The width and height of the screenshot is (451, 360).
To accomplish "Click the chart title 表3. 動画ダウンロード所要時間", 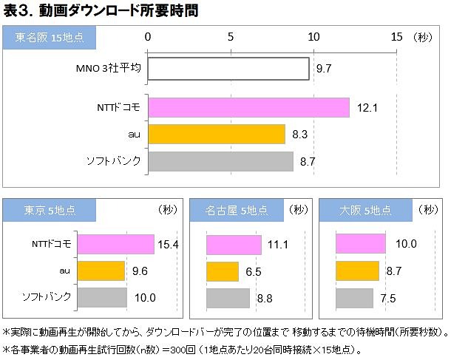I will [x=101, y=11].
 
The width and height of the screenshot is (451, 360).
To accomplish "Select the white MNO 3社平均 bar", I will [x=228, y=69].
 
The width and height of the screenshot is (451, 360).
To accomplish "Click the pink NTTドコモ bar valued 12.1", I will [x=248, y=107].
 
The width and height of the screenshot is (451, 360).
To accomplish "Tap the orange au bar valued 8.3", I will [x=217, y=134].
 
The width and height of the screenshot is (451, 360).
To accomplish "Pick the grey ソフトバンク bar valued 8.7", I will [x=220, y=160].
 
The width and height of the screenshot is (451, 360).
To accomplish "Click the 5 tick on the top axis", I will [x=231, y=37].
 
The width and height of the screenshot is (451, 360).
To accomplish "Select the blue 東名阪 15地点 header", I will [x=50, y=37].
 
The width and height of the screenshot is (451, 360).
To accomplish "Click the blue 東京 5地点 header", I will [x=41, y=211].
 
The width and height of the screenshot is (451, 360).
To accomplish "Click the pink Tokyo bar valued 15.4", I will [x=115, y=244].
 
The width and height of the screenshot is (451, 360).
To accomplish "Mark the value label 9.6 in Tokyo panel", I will [x=140, y=271].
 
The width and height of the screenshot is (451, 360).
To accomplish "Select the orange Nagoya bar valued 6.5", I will [x=223, y=271].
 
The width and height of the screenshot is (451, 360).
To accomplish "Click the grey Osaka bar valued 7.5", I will [x=354, y=298].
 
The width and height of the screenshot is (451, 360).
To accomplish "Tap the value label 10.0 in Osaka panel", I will [x=406, y=244].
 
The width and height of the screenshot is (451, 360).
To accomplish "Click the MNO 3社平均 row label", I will [x=108, y=69].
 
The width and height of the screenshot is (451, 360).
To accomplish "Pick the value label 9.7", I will [x=324, y=69].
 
